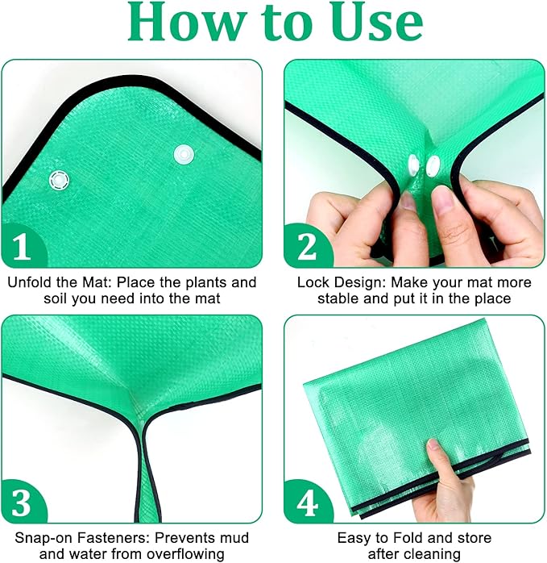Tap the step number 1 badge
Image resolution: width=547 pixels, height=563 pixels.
tap(22, 247)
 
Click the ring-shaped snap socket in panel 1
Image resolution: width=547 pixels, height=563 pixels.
tap(59, 179)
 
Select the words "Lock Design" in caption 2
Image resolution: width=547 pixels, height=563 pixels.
tap(334, 283)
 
